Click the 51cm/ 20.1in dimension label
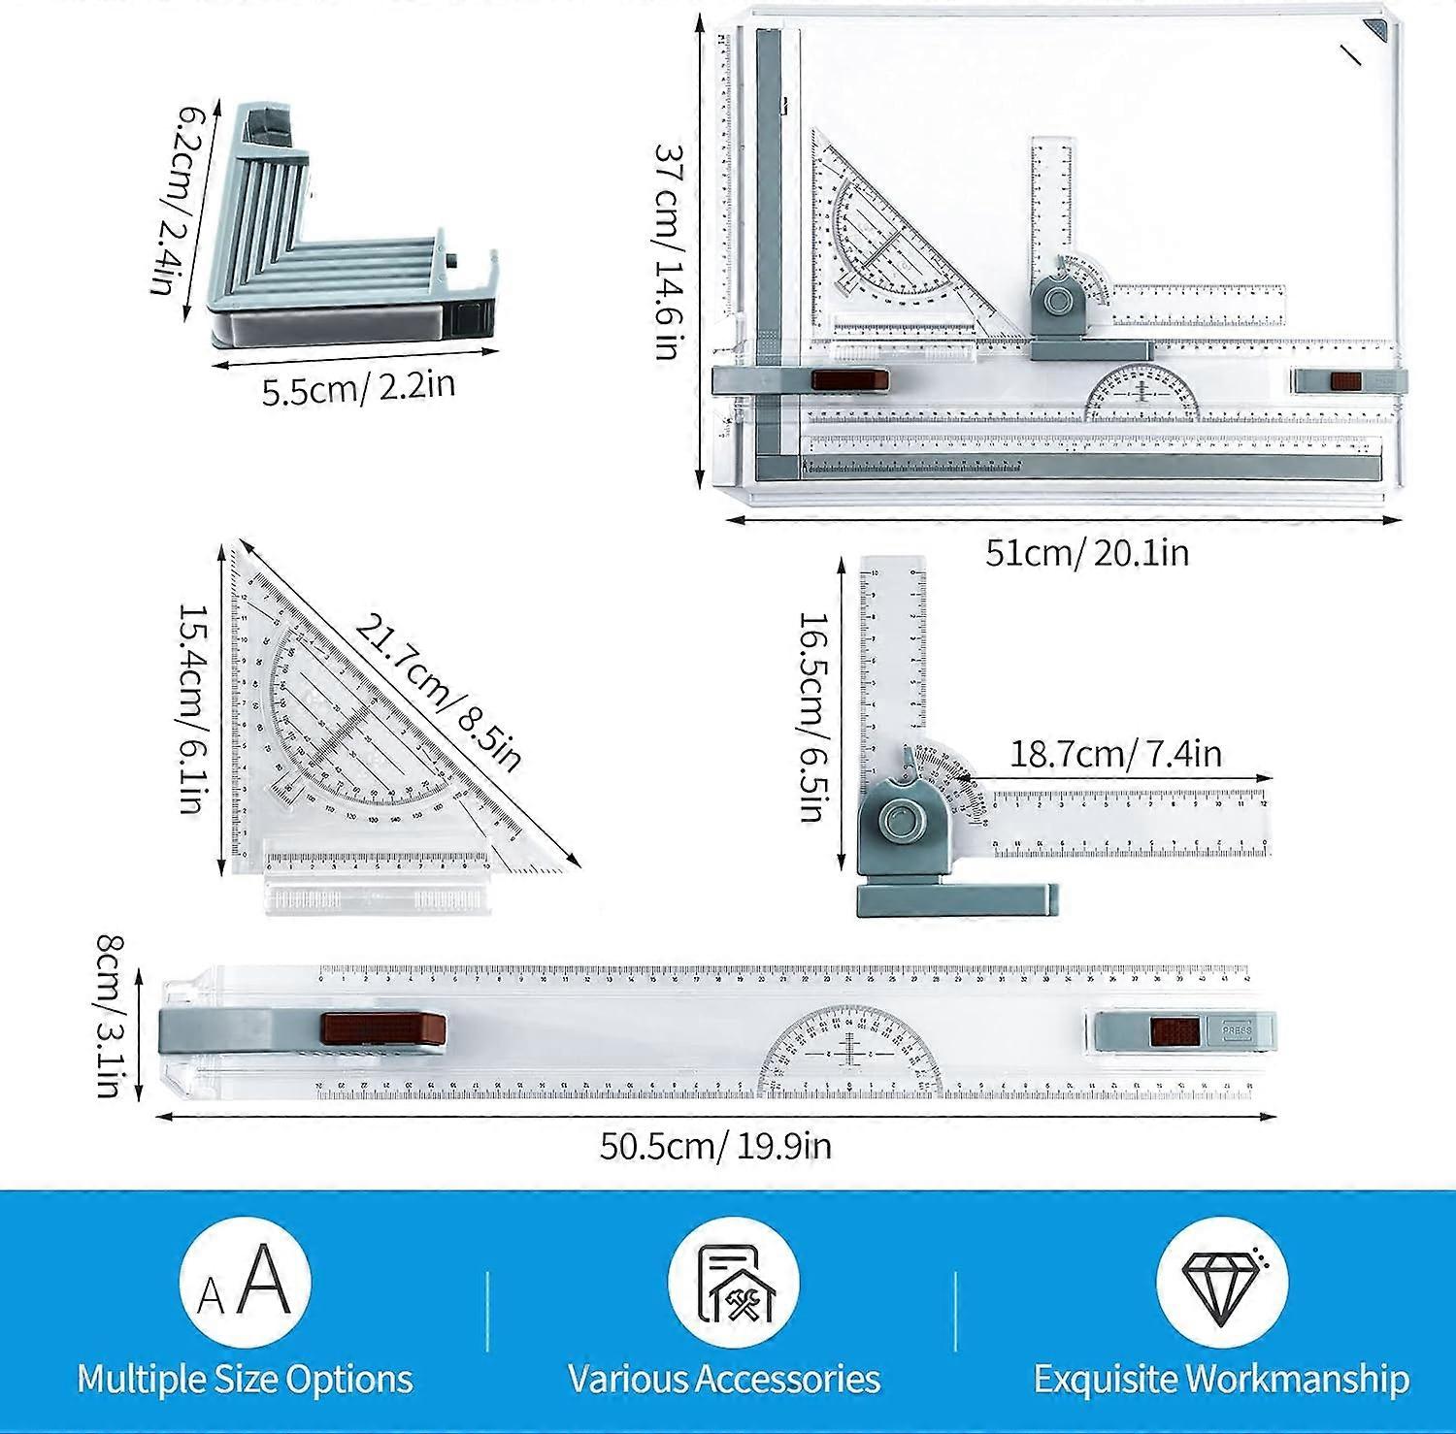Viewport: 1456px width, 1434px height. (1086, 553)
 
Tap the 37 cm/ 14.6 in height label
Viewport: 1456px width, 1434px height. (669, 251)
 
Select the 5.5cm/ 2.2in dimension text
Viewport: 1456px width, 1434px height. (358, 388)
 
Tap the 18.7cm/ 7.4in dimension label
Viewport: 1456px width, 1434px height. (1115, 753)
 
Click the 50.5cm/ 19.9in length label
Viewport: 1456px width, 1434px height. (714, 1146)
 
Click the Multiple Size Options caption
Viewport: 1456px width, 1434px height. (245, 1379)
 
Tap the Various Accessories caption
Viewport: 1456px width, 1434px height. (724, 1379)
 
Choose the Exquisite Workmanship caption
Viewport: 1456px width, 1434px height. (1221, 1379)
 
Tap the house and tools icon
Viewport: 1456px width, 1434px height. (733, 1283)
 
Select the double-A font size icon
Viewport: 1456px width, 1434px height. (245, 1283)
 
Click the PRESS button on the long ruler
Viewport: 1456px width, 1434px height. (1237, 1031)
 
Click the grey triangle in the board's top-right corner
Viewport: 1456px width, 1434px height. (1377, 31)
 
